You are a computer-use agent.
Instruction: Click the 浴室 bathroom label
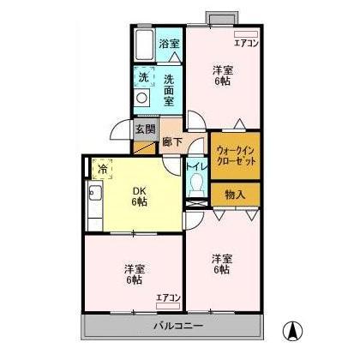(169, 44)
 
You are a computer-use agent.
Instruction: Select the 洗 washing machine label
(143, 75)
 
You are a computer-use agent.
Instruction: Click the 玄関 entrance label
(145, 130)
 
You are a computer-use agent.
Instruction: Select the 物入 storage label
(236, 195)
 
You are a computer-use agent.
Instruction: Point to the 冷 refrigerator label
(103, 169)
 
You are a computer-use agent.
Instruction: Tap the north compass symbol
(293, 328)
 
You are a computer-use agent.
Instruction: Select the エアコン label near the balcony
(168, 297)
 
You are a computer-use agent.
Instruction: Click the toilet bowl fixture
(196, 184)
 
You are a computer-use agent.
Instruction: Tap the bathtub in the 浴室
(143, 44)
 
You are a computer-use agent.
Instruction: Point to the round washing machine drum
(143, 98)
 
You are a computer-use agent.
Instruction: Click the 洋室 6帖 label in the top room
(222, 75)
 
